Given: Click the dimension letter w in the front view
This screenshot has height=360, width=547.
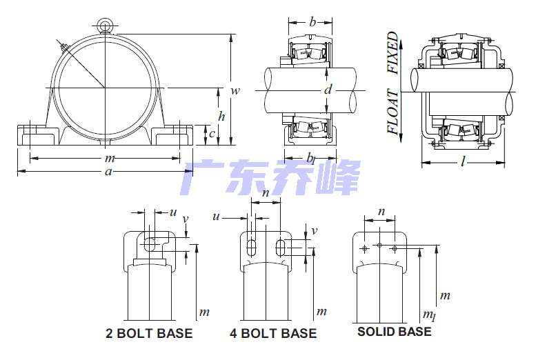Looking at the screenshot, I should click(x=235, y=90).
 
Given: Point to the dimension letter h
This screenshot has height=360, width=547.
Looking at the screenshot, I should click(x=221, y=115).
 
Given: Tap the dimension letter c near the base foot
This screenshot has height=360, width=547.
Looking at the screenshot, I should click(x=212, y=134).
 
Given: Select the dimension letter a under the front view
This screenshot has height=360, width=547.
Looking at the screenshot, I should click(x=108, y=172).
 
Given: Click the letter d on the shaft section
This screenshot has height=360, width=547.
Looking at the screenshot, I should click(x=328, y=90).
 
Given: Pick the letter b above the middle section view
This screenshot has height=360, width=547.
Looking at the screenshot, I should click(x=312, y=23).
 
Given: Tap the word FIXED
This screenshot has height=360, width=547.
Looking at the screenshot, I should click(x=392, y=52).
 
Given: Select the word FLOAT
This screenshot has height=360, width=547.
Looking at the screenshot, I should click(x=392, y=111).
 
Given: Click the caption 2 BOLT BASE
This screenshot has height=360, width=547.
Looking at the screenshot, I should click(x=149, y=334).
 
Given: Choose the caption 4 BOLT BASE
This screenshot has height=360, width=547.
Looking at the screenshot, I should click(x=273, y=334).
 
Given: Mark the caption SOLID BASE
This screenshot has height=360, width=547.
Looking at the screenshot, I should click(x=394, y=332).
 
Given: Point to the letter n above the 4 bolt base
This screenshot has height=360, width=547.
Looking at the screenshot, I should click(x=266, y=194).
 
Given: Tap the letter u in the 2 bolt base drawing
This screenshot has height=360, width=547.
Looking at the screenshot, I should click(x=172, y=212).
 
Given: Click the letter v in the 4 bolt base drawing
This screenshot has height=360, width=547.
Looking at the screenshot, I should click(x=314, y=231).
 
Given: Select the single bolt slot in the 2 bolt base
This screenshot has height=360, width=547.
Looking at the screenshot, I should click(x=150, y=244).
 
